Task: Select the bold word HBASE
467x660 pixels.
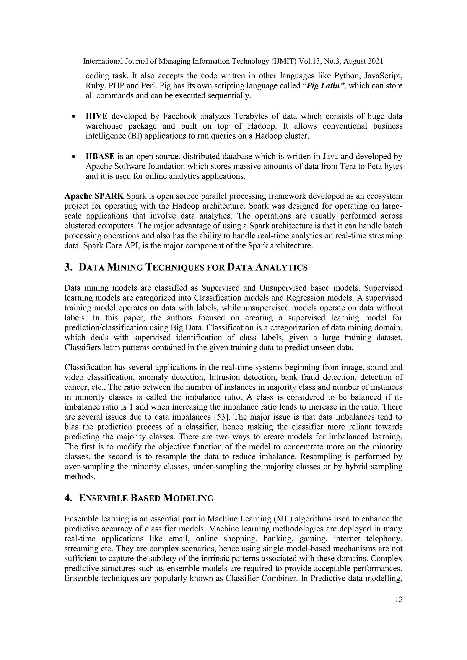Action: coord(100,156)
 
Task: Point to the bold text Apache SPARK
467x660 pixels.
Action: coord(94,196)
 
